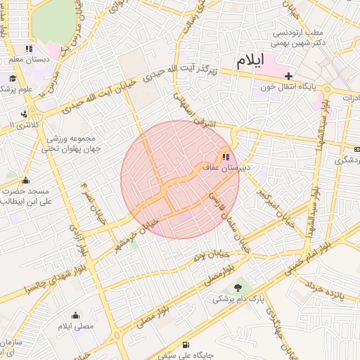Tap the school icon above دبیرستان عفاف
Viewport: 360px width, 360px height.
226,157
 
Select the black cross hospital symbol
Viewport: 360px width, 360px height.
288,75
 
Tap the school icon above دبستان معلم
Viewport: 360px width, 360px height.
29,49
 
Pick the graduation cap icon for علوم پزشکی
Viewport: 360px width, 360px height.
12,78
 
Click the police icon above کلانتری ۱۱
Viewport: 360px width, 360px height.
25,113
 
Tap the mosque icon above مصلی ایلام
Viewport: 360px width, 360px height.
76,316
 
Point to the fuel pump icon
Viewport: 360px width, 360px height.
185,345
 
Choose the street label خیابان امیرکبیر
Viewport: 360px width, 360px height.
273,206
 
